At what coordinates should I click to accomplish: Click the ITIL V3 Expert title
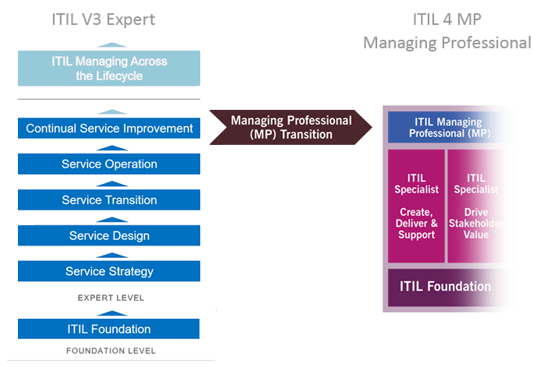[103, 19]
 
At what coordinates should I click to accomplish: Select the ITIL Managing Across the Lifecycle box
[109, 68]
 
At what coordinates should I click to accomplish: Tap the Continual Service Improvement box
[109, 129]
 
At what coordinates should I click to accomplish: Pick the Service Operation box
[109, 164]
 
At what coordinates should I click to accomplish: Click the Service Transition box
[109, 200]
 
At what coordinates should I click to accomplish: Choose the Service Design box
[109, 236]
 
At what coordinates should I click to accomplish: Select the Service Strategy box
[109, 272]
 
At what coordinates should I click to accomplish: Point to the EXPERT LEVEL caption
[110, 298]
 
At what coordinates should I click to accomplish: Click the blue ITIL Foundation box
[109, 329]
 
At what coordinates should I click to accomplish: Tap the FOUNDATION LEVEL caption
[110, 351]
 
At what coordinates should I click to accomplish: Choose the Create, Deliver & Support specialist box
[417, 206]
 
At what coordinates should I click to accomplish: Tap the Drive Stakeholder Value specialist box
[476, 206]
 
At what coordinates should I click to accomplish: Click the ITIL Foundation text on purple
[445, 286]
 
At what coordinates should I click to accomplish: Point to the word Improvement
[159, 129]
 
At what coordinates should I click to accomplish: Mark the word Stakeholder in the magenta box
[476, 224]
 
